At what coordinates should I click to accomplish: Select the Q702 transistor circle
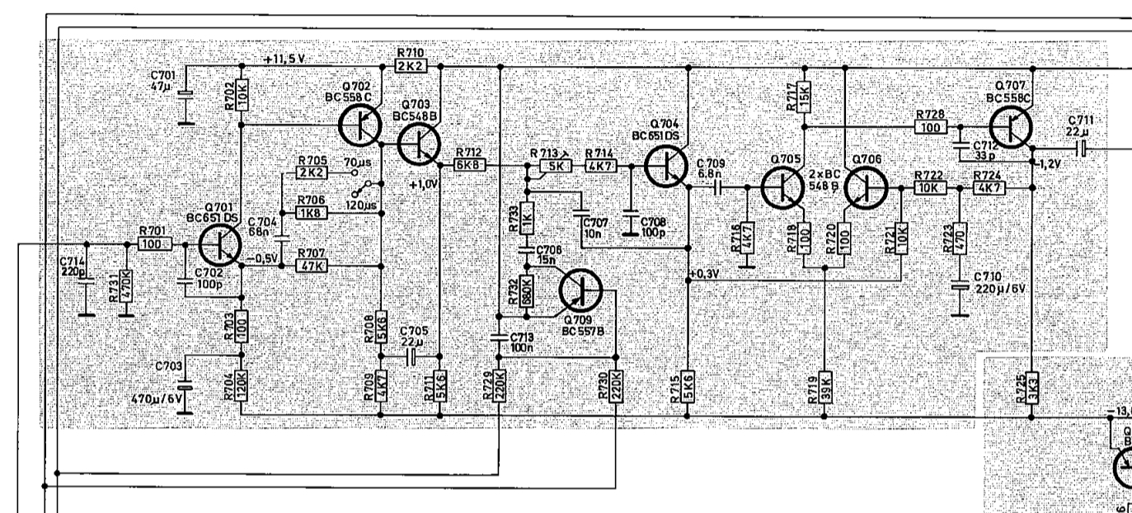point(359,125)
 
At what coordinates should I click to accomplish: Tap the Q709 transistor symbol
point(580,289)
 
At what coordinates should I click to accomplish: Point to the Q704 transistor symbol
point(665,165)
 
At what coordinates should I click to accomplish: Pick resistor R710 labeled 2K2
point(410,65)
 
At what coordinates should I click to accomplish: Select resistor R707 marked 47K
point(312,266)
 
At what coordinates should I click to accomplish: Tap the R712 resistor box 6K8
point(470,165)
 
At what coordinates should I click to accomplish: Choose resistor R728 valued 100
point(931,127)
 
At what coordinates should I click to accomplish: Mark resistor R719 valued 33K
point(824,390)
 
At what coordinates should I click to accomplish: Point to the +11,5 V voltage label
point(285,59)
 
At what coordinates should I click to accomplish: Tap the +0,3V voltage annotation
point(702,274)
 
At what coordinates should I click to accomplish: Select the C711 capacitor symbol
point(1082,148)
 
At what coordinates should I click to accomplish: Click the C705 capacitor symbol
point(410,356)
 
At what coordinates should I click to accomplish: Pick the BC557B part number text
point(585,329)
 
